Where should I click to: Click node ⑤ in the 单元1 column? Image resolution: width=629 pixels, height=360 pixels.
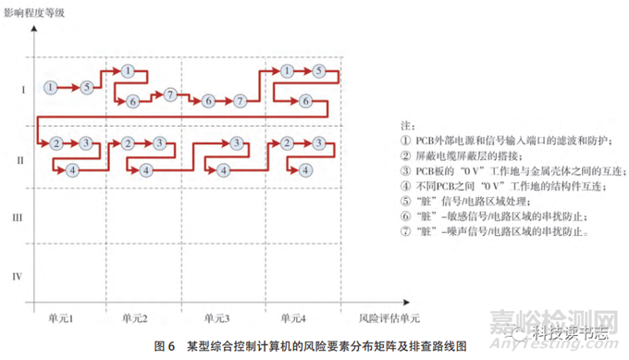coord(86,87)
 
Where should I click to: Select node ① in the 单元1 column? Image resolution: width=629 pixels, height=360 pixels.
coord(51,87)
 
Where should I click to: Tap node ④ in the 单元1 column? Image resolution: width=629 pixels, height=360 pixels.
coord(71,169)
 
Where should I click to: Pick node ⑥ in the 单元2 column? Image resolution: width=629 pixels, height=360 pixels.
coord(132,101)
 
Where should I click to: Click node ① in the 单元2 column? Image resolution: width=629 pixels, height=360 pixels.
coord(128,70)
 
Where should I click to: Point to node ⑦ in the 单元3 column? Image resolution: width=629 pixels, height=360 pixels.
coord(240,100)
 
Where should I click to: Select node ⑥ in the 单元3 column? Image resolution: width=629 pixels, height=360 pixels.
coord(208,100)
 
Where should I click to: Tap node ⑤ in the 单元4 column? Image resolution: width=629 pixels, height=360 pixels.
coord(317,70)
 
